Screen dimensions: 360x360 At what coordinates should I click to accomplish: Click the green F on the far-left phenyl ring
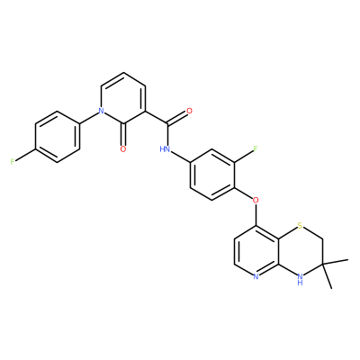13,162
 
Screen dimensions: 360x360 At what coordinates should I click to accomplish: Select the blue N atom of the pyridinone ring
102,111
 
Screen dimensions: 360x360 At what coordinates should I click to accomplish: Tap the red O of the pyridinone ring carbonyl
123,149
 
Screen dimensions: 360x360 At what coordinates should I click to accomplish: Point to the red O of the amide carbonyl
189,111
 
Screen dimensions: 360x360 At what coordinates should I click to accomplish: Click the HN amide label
165,149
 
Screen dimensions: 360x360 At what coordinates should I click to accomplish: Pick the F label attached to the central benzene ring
256,149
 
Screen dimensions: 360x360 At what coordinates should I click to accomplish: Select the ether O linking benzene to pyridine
256,200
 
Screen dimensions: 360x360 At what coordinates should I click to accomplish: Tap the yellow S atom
300,226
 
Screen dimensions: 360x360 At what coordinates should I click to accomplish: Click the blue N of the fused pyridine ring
256,276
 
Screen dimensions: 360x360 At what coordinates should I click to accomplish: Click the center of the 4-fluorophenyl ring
58,137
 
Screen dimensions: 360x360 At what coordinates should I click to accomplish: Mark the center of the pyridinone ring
123,98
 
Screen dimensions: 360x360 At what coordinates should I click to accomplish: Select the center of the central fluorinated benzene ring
212,175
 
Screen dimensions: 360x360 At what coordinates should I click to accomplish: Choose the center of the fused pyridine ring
256,251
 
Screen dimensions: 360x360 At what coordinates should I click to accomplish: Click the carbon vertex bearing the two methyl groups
322,264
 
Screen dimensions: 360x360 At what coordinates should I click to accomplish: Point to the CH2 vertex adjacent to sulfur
322,238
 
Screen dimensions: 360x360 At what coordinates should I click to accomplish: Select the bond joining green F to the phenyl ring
25,155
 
